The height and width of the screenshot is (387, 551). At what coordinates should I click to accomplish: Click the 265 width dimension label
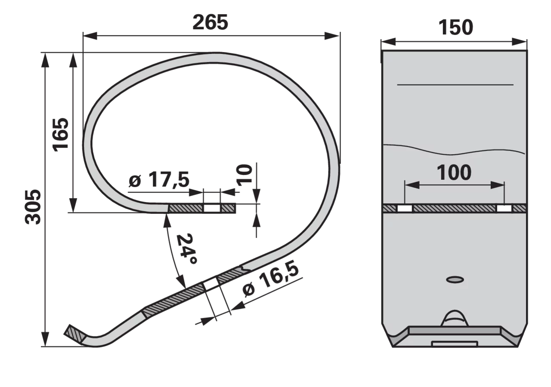coord(210,22)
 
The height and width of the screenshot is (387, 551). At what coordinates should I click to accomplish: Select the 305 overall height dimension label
coord(33,207)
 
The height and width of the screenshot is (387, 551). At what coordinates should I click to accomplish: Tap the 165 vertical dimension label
coord(60,135)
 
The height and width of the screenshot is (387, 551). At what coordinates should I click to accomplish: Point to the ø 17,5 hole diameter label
coord(159,179)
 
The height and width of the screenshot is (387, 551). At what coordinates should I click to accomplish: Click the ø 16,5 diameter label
coord(271,280)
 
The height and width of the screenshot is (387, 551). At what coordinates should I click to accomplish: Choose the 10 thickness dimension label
coord(244,175)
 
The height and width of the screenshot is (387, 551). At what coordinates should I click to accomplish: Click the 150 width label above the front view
coord(455,27)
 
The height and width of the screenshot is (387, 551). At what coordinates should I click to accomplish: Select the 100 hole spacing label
coord(454,172)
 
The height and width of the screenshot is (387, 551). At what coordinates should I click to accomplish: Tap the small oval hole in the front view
coord(455,279)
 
